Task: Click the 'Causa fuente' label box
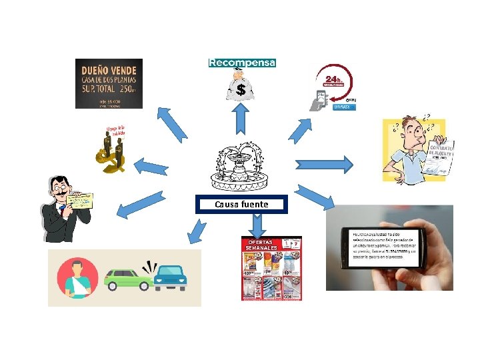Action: click(241, 204)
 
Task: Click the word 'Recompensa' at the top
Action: click(242, 63)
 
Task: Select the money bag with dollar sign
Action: click(240, 86)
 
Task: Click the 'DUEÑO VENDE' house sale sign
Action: click(109, 83)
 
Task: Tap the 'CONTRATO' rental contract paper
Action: click(441, 157)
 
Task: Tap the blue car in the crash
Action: click(169, 277)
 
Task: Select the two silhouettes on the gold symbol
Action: click(113, 149)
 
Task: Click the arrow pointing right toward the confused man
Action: click(324, 163)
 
